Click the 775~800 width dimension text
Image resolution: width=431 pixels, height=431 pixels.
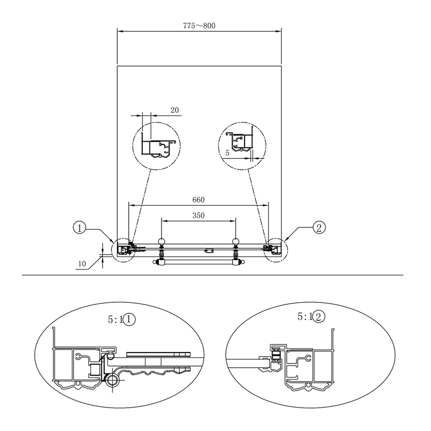click(199, 26)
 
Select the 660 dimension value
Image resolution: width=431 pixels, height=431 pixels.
click(198, 200)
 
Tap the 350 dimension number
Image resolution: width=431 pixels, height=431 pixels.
click(198, 216)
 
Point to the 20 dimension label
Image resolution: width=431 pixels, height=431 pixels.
click(175, 110)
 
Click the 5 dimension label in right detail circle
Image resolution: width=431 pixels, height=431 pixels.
click(227, 153)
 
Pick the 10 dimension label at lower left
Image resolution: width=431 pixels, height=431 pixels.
click(82, 264)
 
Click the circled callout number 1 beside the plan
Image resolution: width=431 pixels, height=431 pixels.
click(79, 228)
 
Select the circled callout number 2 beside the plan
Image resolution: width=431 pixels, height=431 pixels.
click(319, 227)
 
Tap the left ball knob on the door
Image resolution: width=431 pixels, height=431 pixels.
click(161, 242)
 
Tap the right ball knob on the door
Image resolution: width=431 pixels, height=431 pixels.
click(236, 242)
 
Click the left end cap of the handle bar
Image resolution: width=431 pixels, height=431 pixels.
click(156, 262)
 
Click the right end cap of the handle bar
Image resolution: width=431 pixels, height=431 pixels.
click(241, 262)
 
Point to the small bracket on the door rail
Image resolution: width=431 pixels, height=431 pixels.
click(209, 250)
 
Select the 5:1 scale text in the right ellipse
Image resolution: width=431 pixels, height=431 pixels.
click(305, 317)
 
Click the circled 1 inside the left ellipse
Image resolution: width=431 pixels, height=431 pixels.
click(129, 320)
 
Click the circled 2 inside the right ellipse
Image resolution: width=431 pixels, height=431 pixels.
click(319, 317)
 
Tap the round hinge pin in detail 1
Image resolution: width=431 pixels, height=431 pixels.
click(112, 381)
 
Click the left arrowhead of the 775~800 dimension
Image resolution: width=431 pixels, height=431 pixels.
click(120, 31)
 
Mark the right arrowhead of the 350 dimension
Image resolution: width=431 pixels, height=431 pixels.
click(233, 221)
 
